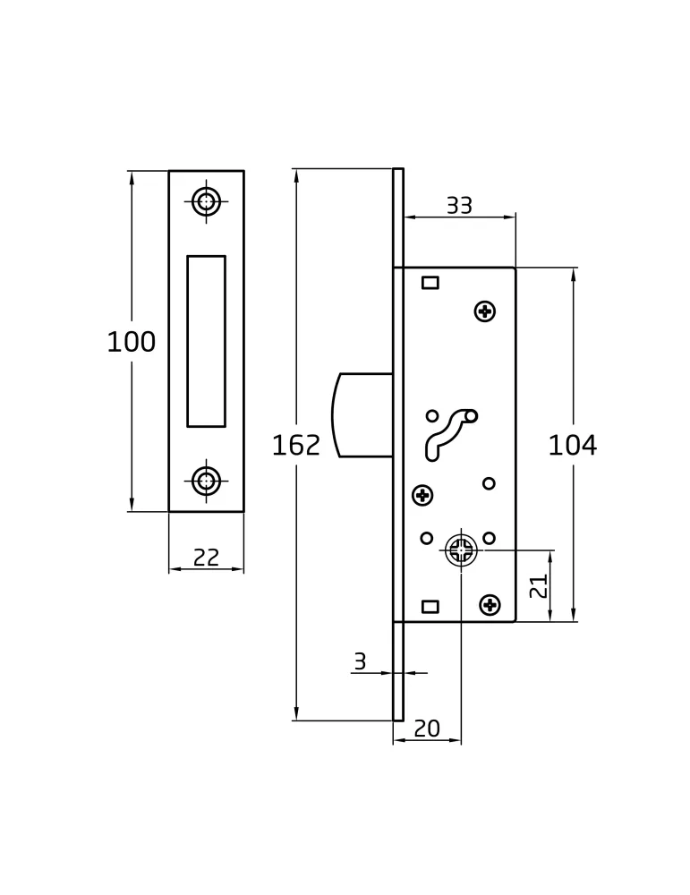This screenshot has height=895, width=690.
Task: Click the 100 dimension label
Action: [132, 342]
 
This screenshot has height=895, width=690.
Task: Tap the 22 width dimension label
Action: [206, 557]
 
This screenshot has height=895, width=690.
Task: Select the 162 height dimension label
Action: [295, 445]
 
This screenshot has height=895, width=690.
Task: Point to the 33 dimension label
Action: [459, 206]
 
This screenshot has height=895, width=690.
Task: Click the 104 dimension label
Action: [573, 445]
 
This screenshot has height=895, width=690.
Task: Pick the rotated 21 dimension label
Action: [539, 585]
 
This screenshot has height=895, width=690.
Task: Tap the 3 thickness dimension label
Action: [360, 661]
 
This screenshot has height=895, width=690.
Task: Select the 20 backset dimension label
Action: [427, 729]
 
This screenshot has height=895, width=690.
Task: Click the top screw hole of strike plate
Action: [206, 201]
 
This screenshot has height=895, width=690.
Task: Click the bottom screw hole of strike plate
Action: [206, 481]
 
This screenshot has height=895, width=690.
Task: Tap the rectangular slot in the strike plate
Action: [206, 341]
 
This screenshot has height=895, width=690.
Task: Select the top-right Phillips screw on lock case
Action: [485, 311]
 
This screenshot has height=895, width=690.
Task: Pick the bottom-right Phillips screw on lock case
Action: [490, 604]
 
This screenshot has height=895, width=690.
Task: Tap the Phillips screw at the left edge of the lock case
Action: [422, 495]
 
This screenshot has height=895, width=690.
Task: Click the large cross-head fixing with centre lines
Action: [461, 550]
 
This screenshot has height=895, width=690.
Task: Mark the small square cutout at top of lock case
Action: [430, 282]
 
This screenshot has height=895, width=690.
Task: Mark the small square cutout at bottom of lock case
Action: [430, 606]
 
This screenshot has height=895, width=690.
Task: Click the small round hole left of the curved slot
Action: [432, 415]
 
